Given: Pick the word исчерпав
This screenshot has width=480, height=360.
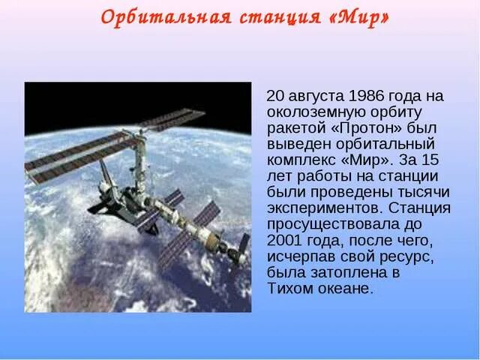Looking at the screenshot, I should (295, 256).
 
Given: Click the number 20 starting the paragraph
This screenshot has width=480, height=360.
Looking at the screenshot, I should (276, 96).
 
